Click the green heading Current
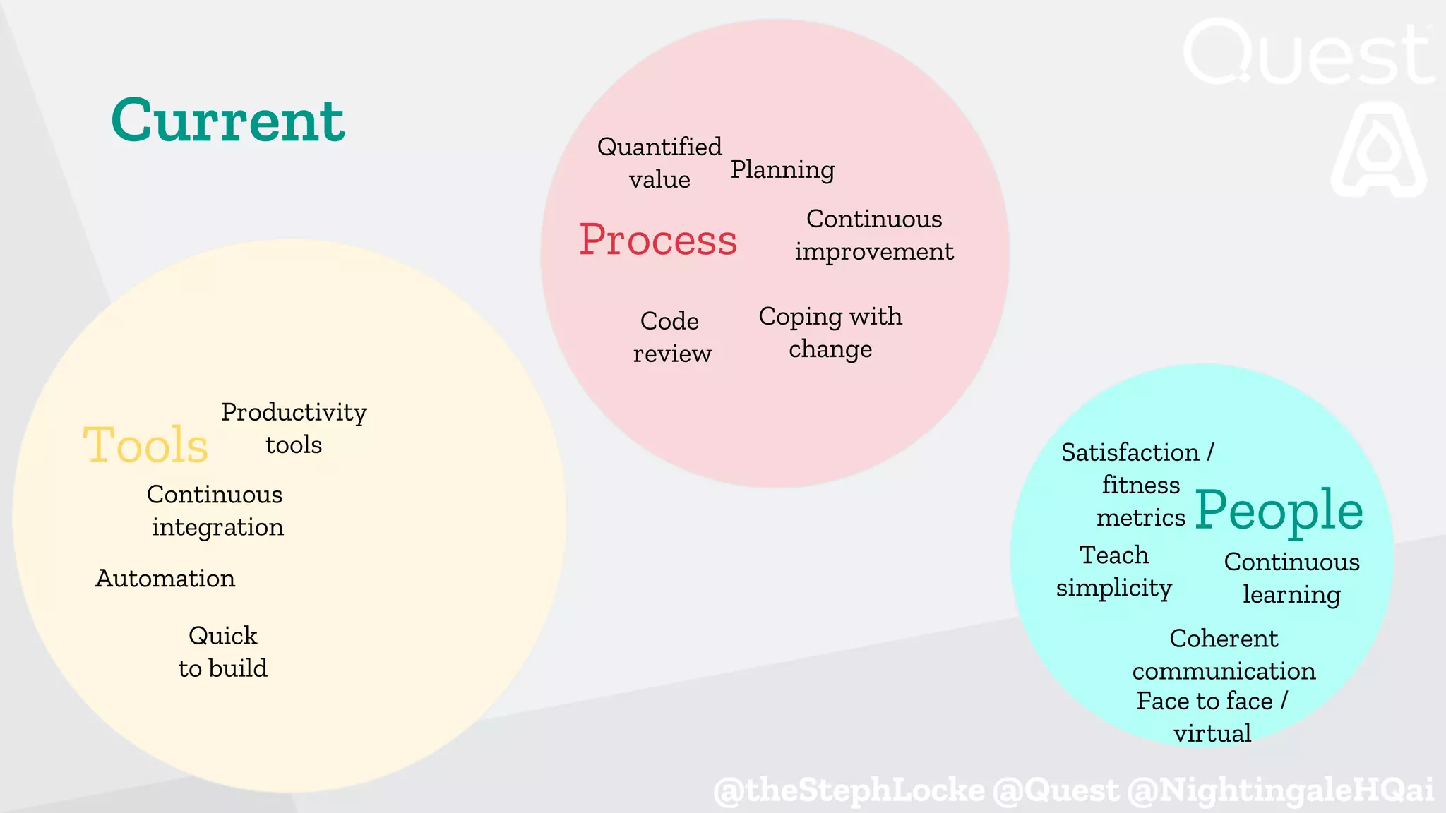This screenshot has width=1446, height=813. coord(227,120)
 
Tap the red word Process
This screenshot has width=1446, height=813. coord(658,240)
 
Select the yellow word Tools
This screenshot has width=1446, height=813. coord(145,445)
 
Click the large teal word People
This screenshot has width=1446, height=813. coord(1279,510)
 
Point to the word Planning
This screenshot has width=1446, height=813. coord(782,169)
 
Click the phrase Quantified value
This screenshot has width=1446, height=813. coord(659,163)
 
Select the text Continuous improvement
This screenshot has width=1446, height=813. coord(874,235)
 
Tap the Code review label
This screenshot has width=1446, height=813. coord(671,337)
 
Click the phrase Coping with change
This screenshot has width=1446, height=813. coord(830,332)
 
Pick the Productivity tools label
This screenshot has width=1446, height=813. coord(294,428)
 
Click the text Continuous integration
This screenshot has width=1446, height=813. coord(215,511)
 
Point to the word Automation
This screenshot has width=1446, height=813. coord(165,579)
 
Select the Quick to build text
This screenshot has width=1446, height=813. coord(223,652)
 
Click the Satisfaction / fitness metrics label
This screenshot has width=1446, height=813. coord(1139,485)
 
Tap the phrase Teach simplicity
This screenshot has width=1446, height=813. coord(1114,572)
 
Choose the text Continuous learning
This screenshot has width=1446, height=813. coord(1291,578)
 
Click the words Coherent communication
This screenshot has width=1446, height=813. coord(1224,654)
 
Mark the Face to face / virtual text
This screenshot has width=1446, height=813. coord(1212,717)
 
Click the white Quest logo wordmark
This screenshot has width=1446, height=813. coord(1308,53)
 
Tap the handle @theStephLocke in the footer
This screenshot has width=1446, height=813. coord(849,790)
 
